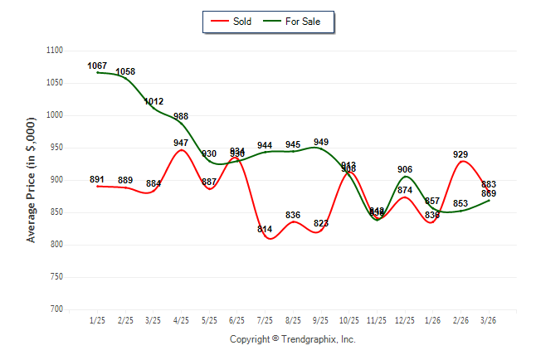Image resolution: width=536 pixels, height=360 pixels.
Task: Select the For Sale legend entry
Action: pyautogui.click(x=297, y=22)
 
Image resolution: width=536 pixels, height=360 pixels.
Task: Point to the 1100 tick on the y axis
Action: pyautogui.click(x=54, y=51)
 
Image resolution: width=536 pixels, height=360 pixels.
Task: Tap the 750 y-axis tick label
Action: pyautogui.click(x=56, y=277)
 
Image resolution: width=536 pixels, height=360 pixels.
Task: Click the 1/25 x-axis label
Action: pyautogui.click(x=98, y=319)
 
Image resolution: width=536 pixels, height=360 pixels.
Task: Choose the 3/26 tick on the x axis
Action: pyautogui.click(x=489, y=319)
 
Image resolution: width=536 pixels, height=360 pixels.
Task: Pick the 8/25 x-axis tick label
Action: pyautogui.click(x=293, y=319)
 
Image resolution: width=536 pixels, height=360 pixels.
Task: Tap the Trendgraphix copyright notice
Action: pyautogui.click(x=292, y=339)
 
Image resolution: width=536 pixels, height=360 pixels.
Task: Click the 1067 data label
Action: pyautogui.click(x=98, y=66)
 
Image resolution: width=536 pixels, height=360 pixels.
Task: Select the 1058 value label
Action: pyautogui.click(x=125, y=71)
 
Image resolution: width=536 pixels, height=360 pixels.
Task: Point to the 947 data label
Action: pyautogui.click(x=181, y=143)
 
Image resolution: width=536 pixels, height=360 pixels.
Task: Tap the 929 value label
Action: pyautogui.click(x=460, y=154)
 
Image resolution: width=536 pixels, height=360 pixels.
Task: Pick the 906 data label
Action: pyautogui.click(x=405, y=169)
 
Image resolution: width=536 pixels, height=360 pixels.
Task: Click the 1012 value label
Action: pyautogui.click(x=153, y=101)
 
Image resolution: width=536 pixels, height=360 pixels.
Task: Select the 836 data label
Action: pyautogui.click(x=293, y=215)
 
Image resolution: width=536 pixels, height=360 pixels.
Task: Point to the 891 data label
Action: pyautogui.click(x=98, y=179)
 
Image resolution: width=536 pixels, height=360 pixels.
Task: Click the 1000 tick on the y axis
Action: pyautogui.click(x=54, y=115)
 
